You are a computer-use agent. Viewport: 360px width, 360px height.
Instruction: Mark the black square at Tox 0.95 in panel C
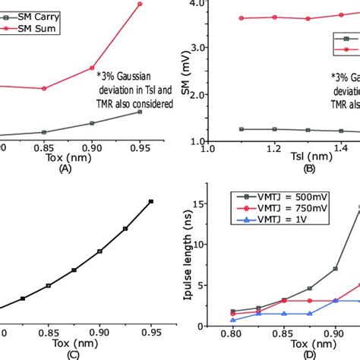pyautogui.click(x=151, y=201)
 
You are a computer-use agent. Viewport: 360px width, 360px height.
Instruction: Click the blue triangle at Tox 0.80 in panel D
pyautogui.click(x=233, y=321)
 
